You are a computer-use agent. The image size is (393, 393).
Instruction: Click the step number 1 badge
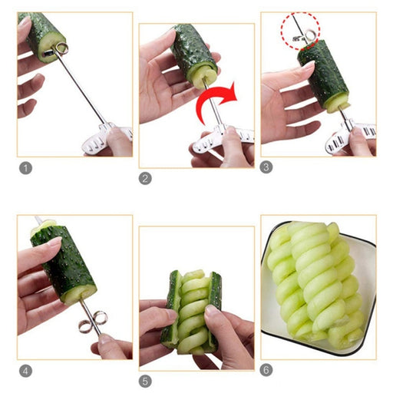(25, 168)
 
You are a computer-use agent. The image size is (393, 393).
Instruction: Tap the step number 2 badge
(145, 178)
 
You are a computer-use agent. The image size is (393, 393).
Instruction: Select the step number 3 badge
(266, 167)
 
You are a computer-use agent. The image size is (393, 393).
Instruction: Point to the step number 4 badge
(25, 371)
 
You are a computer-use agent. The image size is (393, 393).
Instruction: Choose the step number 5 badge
(145, 381)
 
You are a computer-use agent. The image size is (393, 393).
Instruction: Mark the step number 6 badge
(266, 370)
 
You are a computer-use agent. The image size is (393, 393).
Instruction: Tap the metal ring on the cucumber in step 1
(63, 48)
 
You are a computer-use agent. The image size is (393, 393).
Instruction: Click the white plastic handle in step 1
(107, 140)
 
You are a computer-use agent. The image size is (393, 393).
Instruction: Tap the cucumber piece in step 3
(324, 75)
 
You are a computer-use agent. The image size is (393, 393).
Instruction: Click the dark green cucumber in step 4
(64, 263)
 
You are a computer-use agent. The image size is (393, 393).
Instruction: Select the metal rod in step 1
(79, 84)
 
